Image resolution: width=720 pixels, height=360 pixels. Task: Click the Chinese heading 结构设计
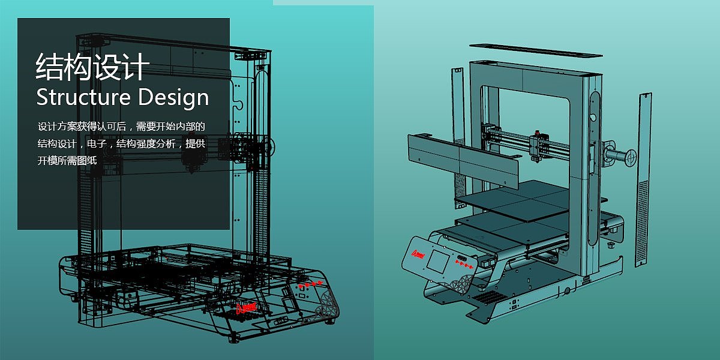click(92, 67)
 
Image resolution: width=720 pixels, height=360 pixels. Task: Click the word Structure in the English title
click(83, 97)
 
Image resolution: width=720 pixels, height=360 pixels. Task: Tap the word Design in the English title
click(173, 98)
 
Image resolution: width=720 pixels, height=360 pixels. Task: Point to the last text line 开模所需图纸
click(67, 160)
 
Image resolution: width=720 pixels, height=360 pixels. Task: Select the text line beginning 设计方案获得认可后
click(121, 127)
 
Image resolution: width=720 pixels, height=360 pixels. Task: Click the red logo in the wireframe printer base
click(246, 308)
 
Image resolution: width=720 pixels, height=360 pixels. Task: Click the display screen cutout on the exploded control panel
click(439, 260)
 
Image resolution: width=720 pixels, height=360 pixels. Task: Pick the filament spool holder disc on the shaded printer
click(631, 157)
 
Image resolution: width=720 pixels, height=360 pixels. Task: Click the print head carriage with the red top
click(537, 146)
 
